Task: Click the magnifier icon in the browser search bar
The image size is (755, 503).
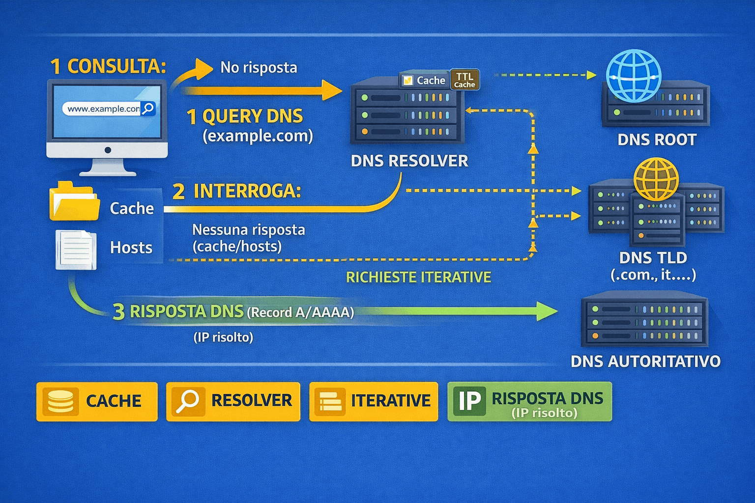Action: tap(148, 109)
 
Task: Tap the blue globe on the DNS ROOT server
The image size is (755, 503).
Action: tap(634, 76)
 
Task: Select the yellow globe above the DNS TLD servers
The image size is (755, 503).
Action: tap(656, 179)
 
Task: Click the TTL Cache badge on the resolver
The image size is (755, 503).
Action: tap(465, 80)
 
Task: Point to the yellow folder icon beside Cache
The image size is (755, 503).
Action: tap(74, 201)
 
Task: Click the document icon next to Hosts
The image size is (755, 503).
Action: tap(76, 250)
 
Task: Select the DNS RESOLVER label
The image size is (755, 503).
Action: tap(409, 161)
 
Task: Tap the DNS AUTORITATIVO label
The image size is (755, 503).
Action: tap(645, 362)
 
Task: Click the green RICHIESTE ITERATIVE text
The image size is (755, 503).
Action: tap(418, 278)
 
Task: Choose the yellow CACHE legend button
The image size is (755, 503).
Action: tap(97, 401)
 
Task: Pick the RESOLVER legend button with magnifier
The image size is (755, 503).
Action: tap(233, 401)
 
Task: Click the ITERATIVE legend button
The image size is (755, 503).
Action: tap(374, 401)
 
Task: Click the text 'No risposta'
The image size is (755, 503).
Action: tap(259, 67)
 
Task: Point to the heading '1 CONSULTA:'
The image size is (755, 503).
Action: tap(108, 66)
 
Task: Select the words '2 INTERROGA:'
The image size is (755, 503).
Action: tap(236, 191)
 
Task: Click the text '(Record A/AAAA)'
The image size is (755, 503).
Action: tap(300, 312)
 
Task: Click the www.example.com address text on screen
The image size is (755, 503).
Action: tap(103, 109)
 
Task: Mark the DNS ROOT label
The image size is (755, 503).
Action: tap(657, 140)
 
